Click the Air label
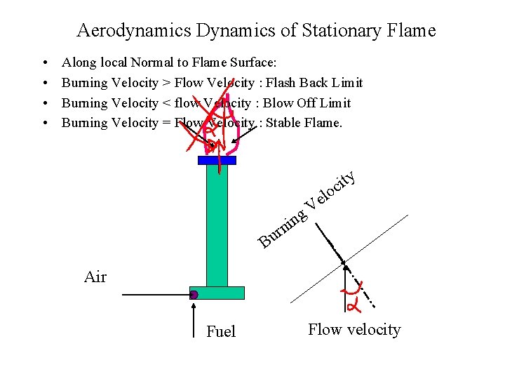click(95, 277)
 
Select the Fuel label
click(221, 332)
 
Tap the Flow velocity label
click(354, 330)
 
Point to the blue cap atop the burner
click(217, 160)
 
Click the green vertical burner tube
click(217, 225)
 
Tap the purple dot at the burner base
click(194, 295)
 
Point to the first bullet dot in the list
click(44, 64)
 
